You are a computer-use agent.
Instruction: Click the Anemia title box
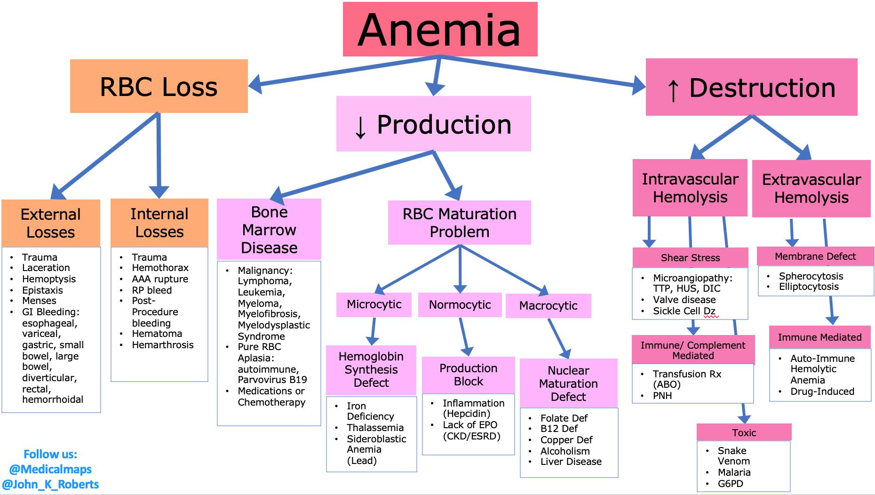pos(440,29)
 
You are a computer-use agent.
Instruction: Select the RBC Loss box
pos(159,86)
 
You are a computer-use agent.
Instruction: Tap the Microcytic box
pos(374,304)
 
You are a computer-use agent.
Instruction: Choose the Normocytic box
pos(460,305)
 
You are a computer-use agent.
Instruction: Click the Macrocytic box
pos(548,306)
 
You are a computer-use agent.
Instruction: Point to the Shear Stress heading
pos(690,258)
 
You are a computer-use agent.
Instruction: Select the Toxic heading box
pos(744,432)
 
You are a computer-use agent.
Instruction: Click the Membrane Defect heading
pos(815,256)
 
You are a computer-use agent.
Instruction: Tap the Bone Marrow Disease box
pos(269,230)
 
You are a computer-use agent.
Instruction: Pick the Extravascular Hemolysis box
pos(811,189)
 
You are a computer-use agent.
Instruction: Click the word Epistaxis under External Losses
pos(42,290)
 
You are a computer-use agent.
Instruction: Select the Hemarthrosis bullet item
pos(162,345)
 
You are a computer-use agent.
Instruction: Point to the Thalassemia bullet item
pos(375,428)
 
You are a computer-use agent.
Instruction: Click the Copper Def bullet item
pos(566,440)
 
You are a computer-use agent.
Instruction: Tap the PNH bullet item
pos(662,396)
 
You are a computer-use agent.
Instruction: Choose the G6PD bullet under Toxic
pos(730,484)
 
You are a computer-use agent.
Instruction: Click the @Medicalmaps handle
pos(50,469)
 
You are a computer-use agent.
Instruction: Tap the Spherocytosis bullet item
pos(811,276)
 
